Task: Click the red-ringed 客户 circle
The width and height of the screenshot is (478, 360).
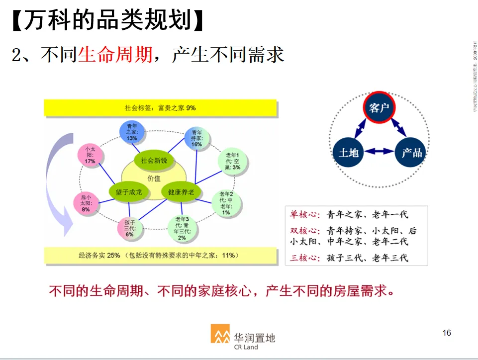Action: pos(379,107)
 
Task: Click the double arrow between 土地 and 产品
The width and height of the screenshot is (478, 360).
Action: pos(380,152)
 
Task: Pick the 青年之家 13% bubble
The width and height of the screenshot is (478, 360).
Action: pos(132,133)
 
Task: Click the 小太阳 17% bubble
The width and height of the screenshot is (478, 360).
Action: pos(90,155)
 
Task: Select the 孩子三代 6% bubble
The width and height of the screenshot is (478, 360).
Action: pos(130,228)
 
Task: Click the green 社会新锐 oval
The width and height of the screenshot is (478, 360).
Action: pos(154,160)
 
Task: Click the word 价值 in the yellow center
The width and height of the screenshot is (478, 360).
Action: pos(154,178)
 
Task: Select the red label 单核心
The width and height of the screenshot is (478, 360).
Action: pos(303,214)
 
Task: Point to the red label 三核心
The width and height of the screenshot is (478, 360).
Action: pos(303,257)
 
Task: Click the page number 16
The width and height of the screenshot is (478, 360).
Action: pos(447,333)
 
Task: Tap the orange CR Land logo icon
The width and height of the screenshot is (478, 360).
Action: pos(220,334)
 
